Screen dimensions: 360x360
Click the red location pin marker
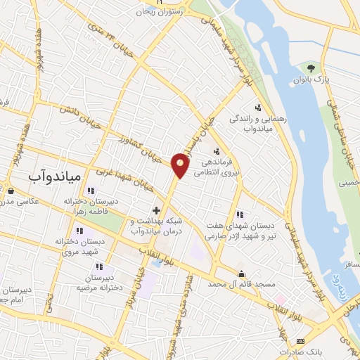[x=181, y=165]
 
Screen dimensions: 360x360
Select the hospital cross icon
[x=156, y=210]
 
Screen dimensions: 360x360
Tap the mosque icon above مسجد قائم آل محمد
[x=242, y=274]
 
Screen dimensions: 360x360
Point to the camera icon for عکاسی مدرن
[x=10, y=189]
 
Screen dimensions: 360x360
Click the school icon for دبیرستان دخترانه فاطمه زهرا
[x=90, y=191]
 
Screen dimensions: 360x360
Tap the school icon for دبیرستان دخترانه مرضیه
[x=100, y=266]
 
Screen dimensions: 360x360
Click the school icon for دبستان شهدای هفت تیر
[x=240, y=214]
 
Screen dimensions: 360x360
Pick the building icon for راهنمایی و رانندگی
[x=259, y=108]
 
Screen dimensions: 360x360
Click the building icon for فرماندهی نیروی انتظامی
[x=217, y=150]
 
